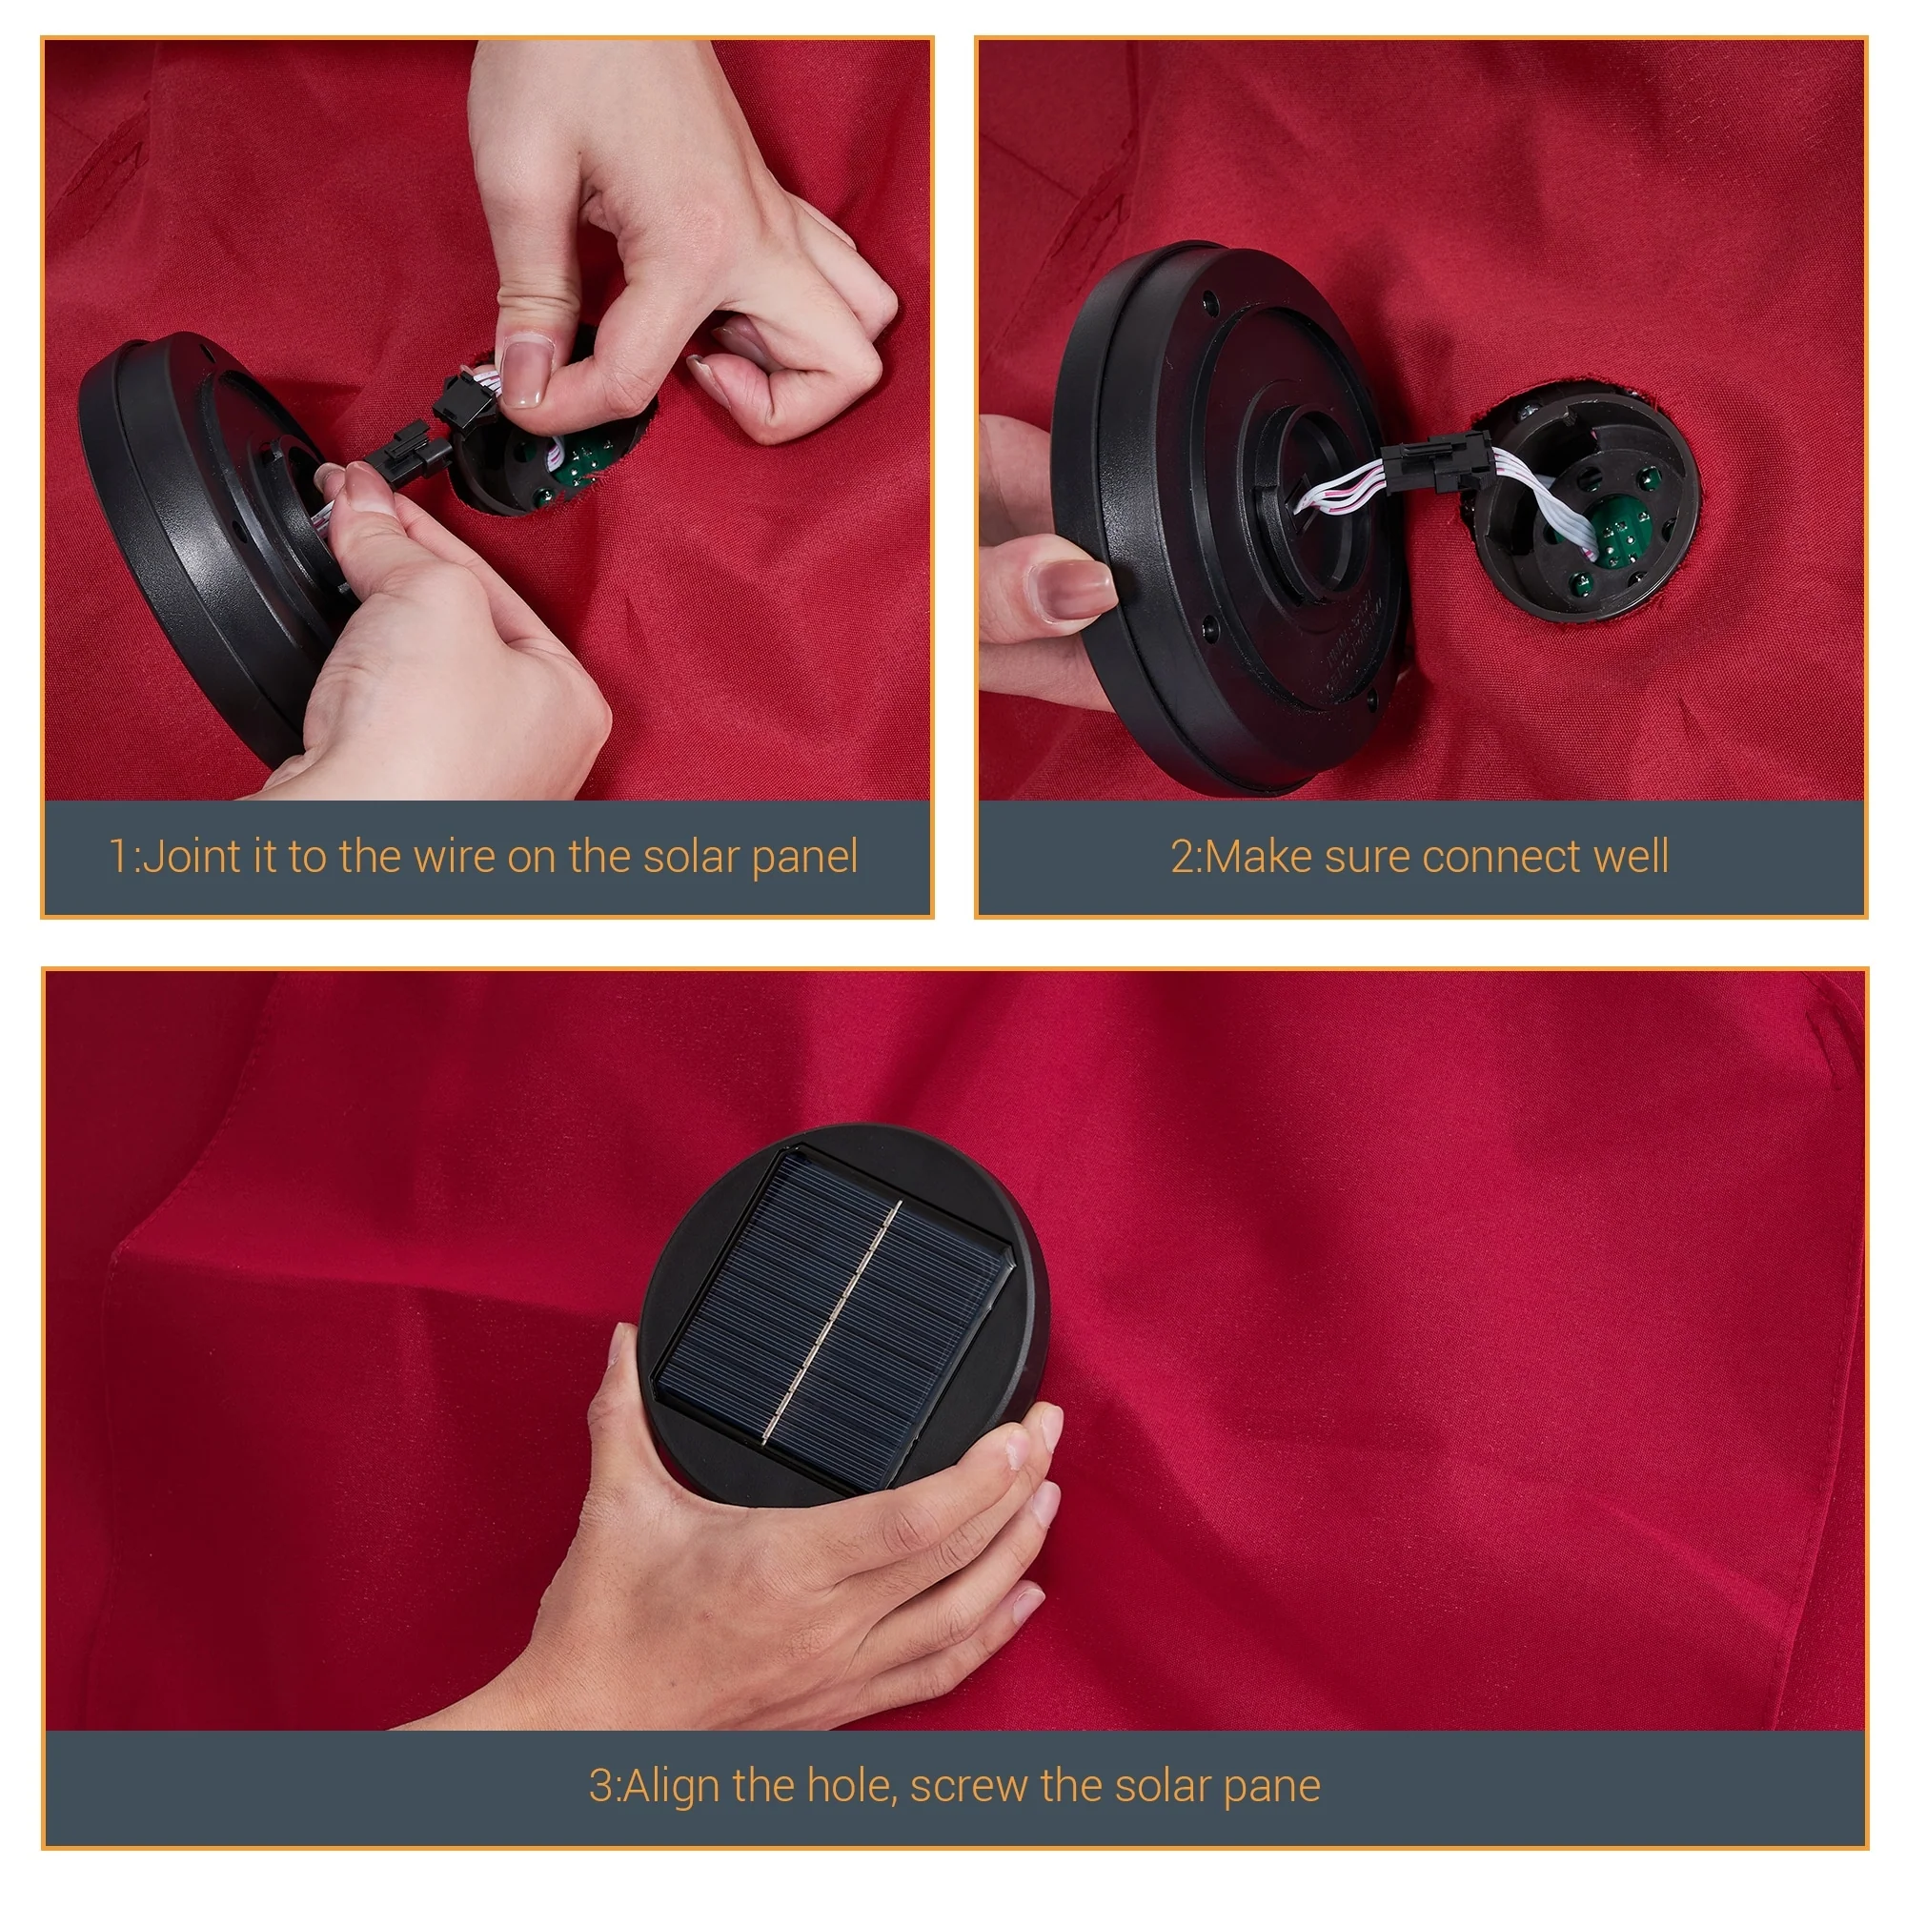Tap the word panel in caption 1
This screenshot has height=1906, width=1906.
pyautogui.click(x=805, y=859)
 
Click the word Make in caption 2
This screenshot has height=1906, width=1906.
pyautogui.click(x=1260, y=857)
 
